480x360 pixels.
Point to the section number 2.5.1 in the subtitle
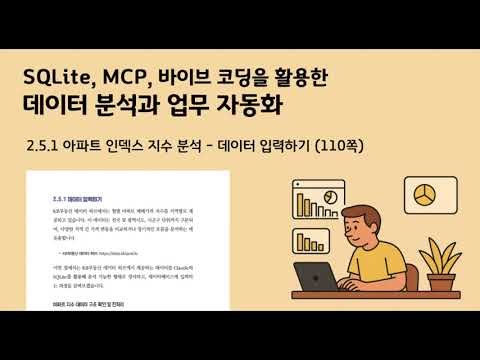point(51,146)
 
